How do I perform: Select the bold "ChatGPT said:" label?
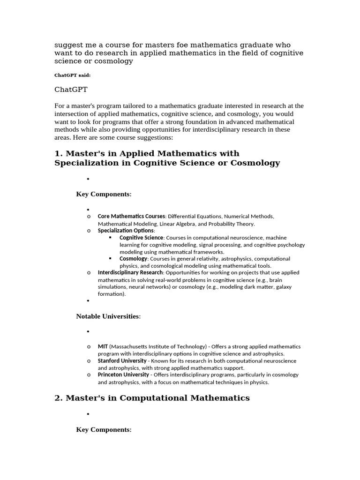point(73,75)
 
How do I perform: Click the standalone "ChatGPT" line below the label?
point(71,89)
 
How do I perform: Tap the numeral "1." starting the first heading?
point(59,153)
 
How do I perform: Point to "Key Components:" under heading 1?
point(104,194)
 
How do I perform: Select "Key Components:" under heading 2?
point(104,429)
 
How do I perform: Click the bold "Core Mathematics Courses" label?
point(131,217)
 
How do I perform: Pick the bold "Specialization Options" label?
point(126,231)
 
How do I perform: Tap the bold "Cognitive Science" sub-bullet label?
point(141,238)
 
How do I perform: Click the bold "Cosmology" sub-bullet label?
point(133,259)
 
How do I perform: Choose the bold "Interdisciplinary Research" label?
point(130,272)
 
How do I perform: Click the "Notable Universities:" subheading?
point(108,316)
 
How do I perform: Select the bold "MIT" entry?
point(103,346)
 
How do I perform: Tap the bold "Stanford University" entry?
point(121,361)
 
